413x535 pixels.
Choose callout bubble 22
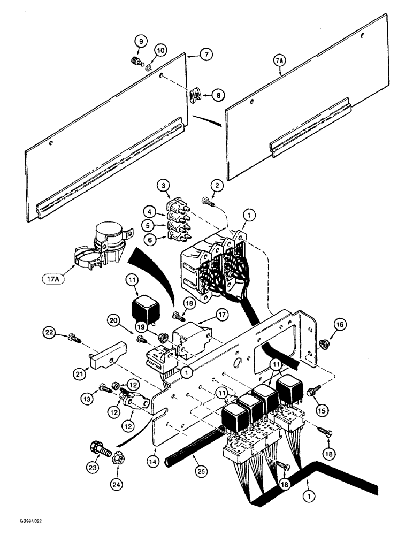[51, 334]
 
